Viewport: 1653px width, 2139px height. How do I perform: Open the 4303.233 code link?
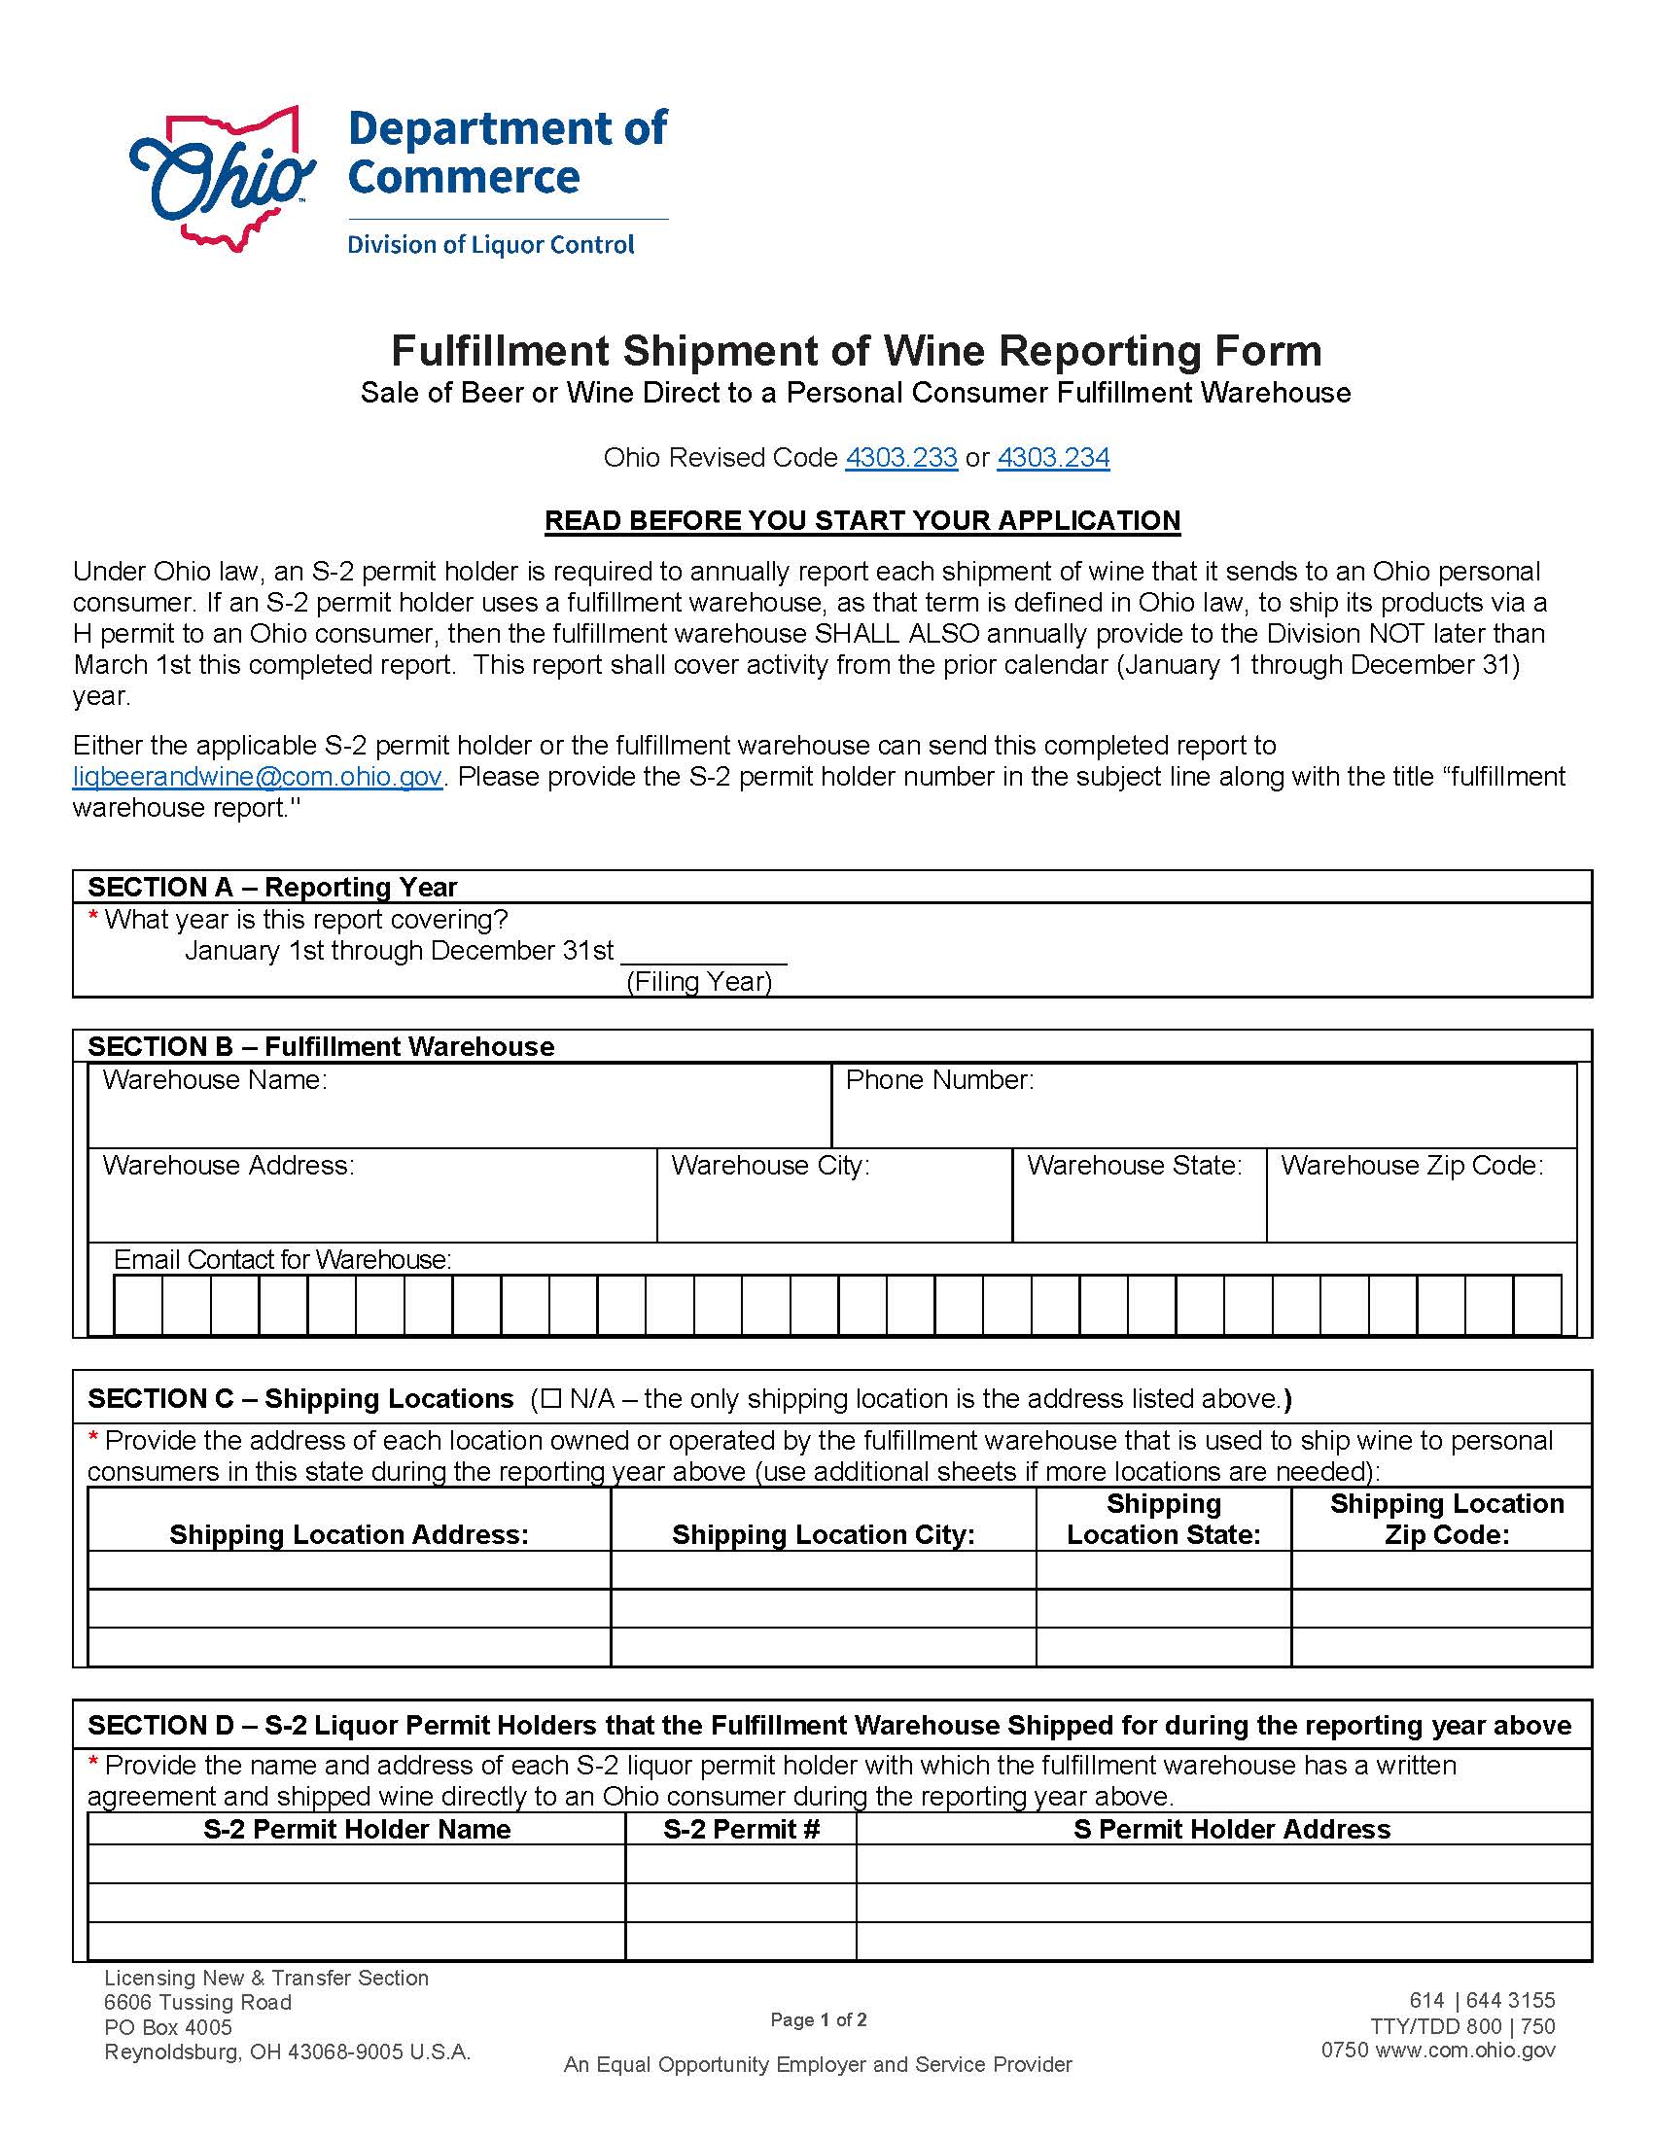click(901, 457)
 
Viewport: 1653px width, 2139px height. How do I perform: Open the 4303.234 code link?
click(1053, 457)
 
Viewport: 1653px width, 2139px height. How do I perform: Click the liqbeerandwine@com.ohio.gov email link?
click(258, 777)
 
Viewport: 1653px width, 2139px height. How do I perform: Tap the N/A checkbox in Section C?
click(550, 1398)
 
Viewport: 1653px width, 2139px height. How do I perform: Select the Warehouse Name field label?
click(215, 1080)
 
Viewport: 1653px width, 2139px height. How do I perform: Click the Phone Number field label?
click(939, 1080)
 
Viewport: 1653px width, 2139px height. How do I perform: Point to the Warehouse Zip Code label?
click(1411, 1166)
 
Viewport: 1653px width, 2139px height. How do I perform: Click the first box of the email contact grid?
click(138, 1305)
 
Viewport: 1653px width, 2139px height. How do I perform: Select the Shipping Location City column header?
click(823, 1534)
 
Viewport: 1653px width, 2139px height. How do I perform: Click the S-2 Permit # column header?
click(740, 1830)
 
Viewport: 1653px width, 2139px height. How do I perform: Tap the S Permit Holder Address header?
click(1231, 1830)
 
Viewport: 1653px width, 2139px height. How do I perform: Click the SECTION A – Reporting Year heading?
click(272, 888)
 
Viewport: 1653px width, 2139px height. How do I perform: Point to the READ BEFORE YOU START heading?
click(862, 520)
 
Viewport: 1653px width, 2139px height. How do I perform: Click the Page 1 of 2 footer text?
click(818, 2019)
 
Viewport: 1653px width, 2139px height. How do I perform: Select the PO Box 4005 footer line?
click(168, 2027)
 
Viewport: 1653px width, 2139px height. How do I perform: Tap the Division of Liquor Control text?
click(491, 245)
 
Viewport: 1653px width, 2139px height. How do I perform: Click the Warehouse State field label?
click(1134, 1166)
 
